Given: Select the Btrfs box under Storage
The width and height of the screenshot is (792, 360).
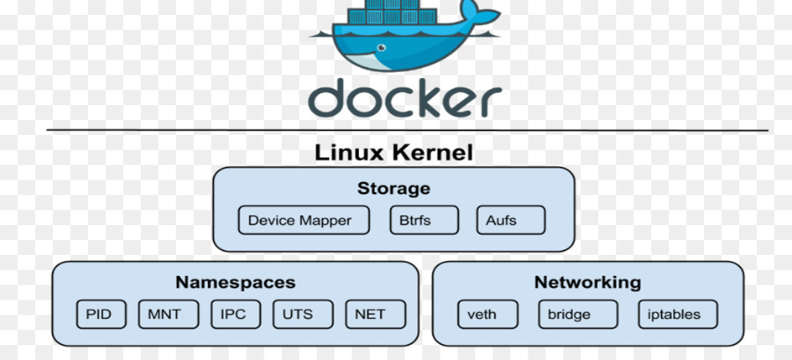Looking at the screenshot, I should pos(425,221).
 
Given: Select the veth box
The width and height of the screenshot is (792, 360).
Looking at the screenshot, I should pos(482,315).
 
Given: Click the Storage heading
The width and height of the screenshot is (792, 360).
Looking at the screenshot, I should pos(393,188).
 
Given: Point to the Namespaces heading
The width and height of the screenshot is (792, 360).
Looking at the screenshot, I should pos(235,283).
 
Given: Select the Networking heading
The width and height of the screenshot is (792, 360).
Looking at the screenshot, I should pos(587,283).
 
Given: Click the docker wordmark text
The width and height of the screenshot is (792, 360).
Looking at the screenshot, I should pos(404,97).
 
